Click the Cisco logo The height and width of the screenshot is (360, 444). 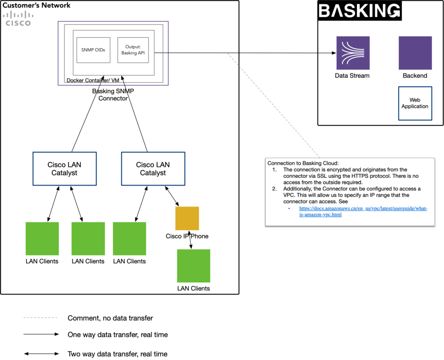coord(18,18)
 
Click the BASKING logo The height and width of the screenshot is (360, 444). coord(359,11)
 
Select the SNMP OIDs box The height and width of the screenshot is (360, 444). coord(93,50)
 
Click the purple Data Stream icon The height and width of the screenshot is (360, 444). coord(353,53)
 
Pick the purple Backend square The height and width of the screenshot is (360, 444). coord(415,53)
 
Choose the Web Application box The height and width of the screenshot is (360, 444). coord(415,103)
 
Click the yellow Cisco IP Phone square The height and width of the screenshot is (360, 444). coord(187,218)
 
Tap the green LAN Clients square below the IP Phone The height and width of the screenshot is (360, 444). coord(193,265)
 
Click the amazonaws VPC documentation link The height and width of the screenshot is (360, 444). coord(363,211)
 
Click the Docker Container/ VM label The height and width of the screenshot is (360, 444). coord(93,80)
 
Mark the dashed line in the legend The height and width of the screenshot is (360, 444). coord(40,318)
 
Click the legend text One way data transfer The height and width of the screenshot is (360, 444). coord(118,335)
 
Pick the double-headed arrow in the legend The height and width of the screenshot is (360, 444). coord(41,353)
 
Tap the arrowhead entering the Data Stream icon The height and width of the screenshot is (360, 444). coord(334,53)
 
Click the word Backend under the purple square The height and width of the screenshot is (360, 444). coord(415,75)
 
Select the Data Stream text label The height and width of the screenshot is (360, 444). coord(352,75)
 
